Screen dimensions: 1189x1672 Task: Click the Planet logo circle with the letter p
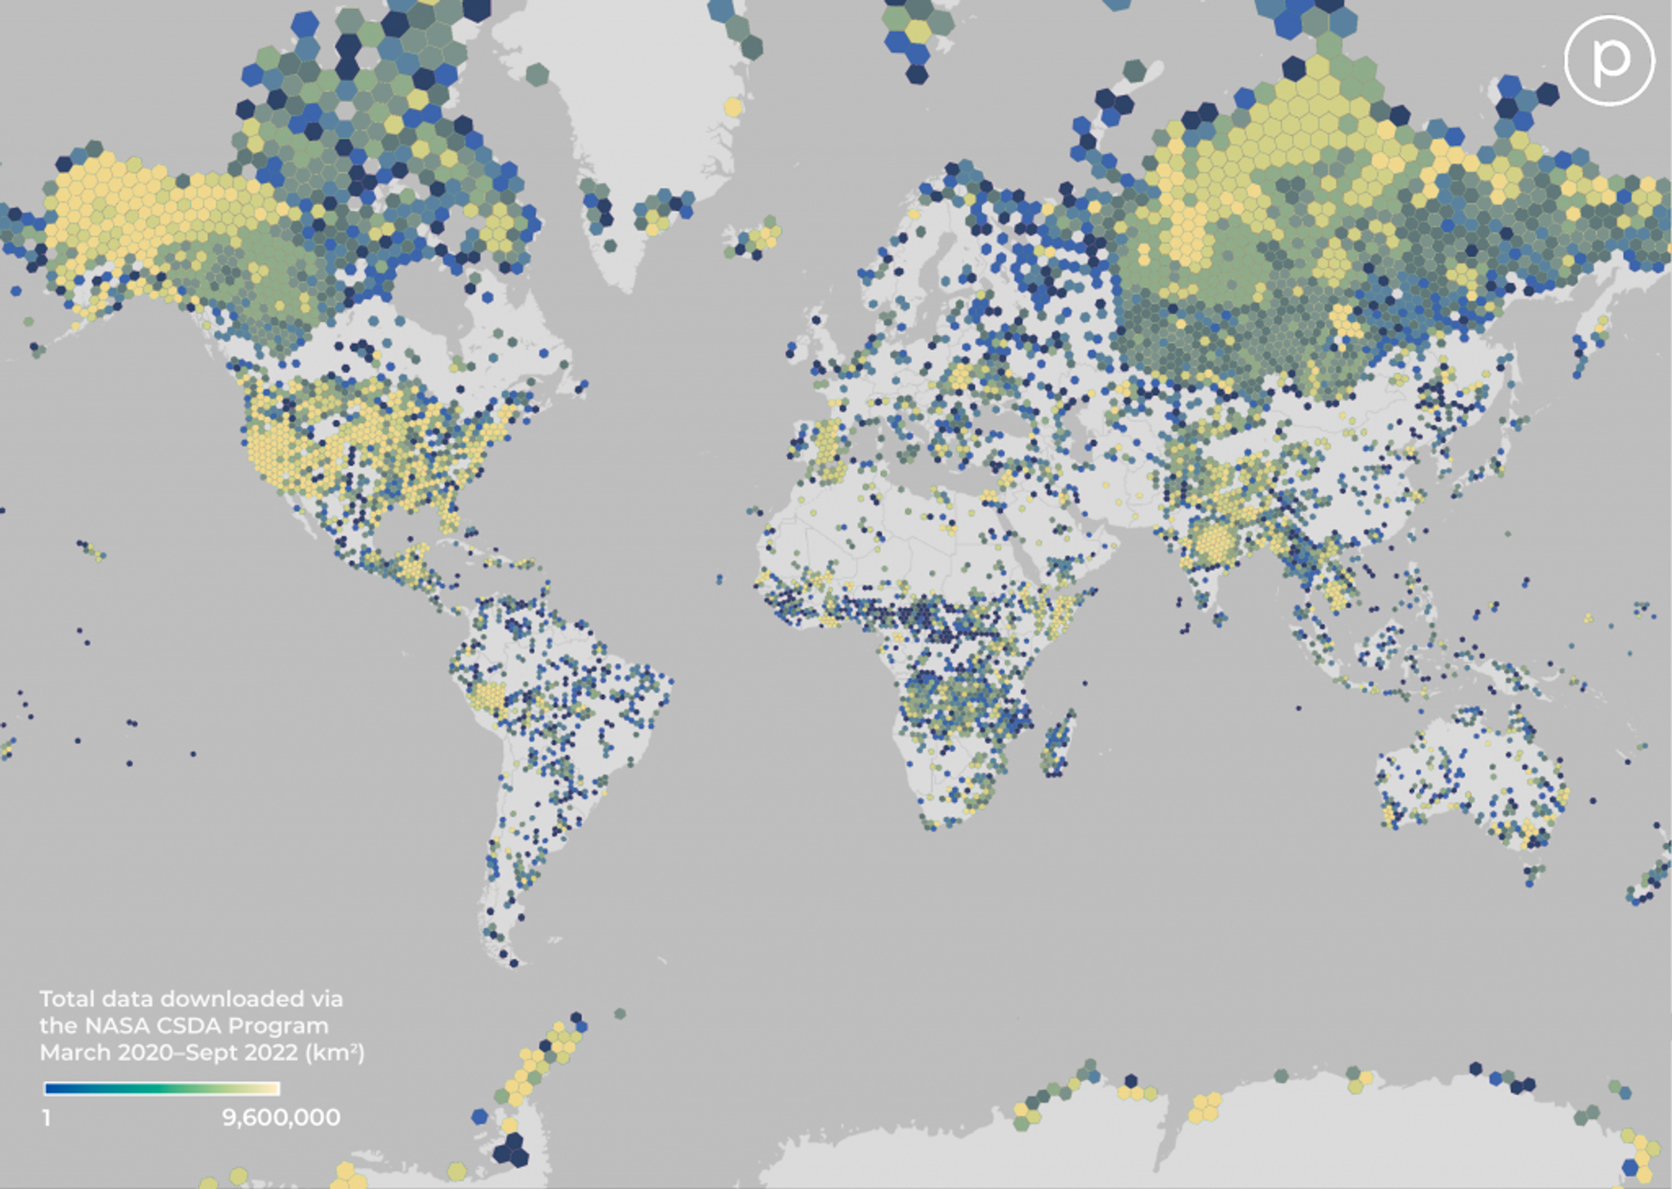point(1609,60)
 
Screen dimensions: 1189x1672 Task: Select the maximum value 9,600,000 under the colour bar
point(281,1117)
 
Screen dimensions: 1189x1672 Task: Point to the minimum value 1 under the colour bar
point(47,1117)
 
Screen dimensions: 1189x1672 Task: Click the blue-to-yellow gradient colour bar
point(162,1089)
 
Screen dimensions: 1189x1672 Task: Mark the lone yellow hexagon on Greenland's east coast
point(732,107)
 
